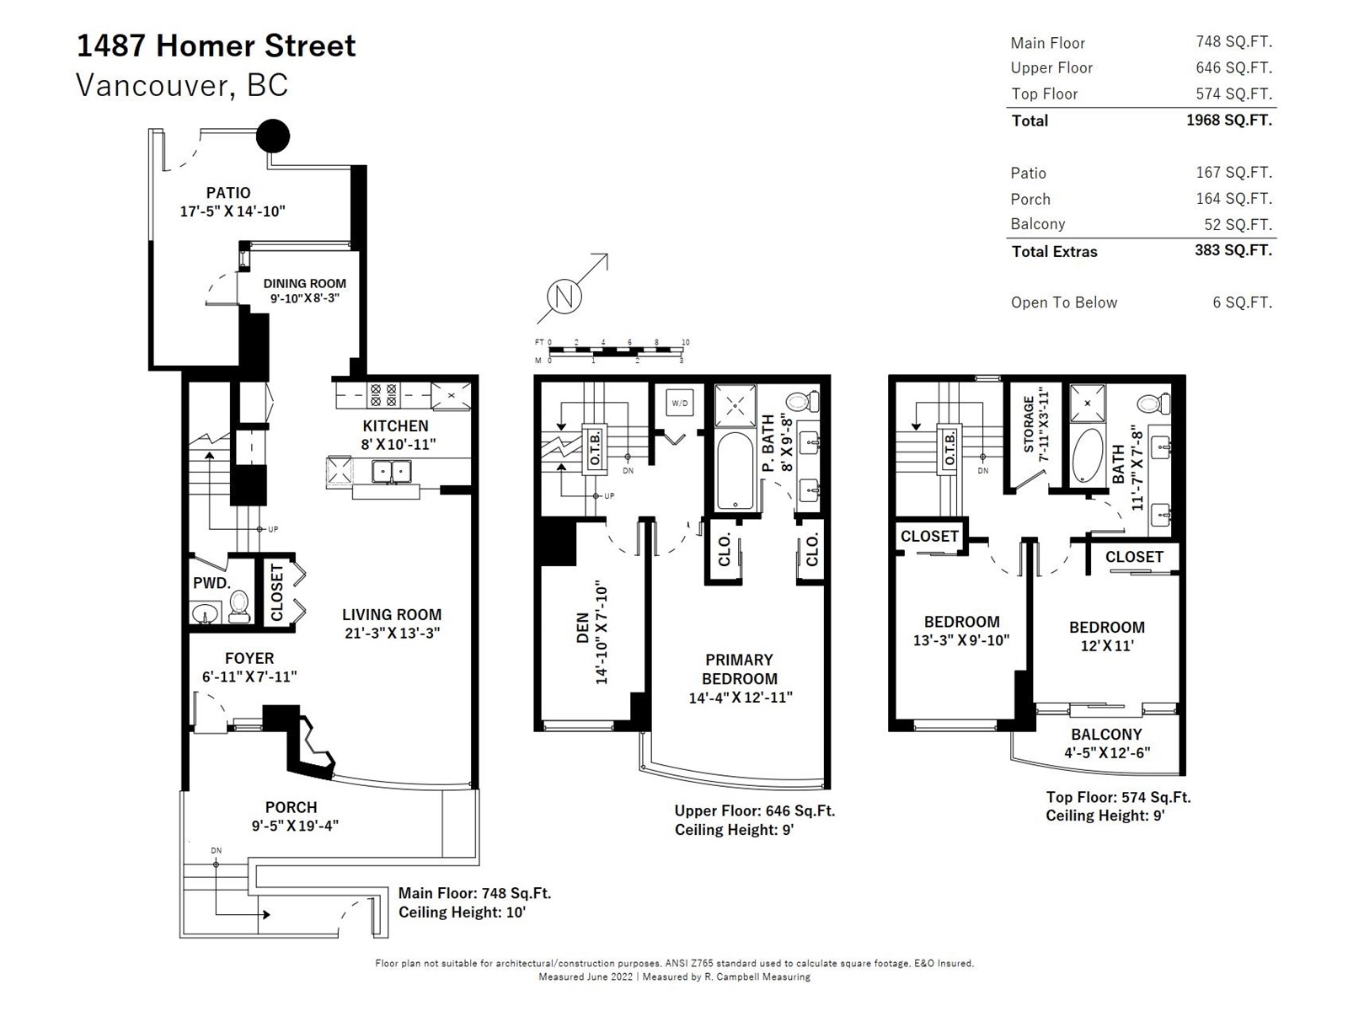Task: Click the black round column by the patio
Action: coord(272,136)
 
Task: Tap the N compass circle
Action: coord(564,297)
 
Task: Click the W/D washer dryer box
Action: coord(679,404)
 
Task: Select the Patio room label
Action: coord(228,193)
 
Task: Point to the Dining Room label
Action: coord(305,284)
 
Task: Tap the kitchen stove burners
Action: coord(383,394)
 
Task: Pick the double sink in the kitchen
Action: coord(391,472)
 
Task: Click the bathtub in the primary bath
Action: coord(735,472)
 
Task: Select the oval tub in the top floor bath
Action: coord(1087,455)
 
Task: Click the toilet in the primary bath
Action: coord(802,402)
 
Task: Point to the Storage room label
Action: coord(1029,425)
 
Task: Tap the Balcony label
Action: coord(1107,734)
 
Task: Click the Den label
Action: coord(583,628)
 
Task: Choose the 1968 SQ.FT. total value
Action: coord(1229,120)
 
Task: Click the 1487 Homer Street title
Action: coord(217,46)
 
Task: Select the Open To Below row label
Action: coord(1064,302)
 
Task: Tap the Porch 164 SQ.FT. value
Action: coord(1233,199)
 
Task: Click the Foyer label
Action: coord(249,659)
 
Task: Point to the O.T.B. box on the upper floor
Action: coord(594,449)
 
